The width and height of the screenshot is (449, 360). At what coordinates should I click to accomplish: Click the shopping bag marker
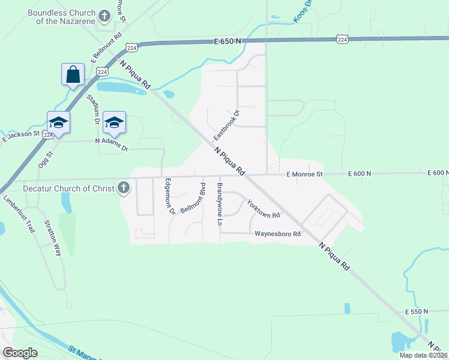73,74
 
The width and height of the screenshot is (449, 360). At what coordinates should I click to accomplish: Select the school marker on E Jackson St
59,122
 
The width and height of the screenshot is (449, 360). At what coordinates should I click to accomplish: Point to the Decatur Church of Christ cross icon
123,188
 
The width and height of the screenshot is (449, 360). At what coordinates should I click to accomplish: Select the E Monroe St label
304,174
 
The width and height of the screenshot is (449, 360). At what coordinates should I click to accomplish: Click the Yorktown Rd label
264,209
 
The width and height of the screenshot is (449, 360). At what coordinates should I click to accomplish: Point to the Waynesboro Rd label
277,234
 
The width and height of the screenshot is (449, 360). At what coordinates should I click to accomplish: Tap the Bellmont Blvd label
194,198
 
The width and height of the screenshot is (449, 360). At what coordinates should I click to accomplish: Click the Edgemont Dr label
169,197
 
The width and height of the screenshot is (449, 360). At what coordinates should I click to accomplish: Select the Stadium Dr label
92,108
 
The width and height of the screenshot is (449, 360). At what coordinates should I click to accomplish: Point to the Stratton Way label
53,238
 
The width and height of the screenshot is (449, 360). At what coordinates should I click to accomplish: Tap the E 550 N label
416,311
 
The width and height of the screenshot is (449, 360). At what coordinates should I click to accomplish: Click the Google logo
20,352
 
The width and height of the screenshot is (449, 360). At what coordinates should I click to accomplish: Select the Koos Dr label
303,12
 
